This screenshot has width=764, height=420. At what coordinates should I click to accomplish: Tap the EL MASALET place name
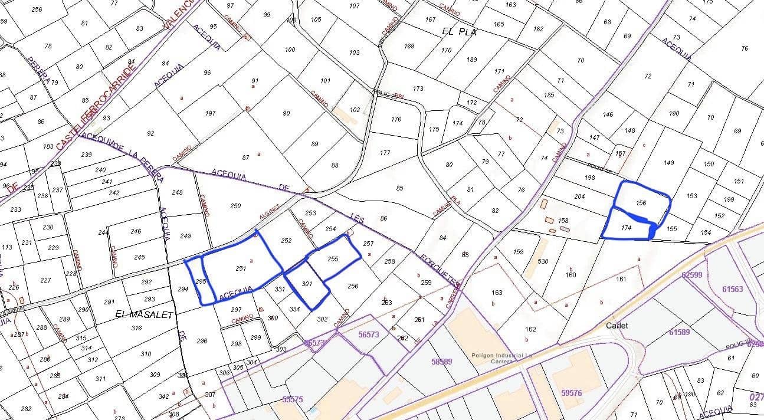(x=145, y=315)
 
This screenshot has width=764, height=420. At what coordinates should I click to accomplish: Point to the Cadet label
(x=617, y=326)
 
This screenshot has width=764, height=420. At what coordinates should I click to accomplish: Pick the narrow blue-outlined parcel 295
(x=200, y=281)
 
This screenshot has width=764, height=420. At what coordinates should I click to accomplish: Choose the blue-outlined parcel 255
(x=333, y=258)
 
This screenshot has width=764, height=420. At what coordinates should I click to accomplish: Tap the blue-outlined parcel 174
(x=627, y=228)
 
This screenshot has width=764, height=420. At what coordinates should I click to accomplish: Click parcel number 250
(x=235, y=206)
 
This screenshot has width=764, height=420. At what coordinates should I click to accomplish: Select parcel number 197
(x=211, y=113)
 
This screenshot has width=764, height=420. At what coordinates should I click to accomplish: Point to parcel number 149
(x=668, y=163)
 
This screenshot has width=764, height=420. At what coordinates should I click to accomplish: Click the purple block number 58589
(x=442, y=362)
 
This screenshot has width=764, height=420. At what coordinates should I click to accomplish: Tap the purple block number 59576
(x=571, y=393)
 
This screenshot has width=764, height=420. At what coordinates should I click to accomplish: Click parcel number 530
(x=543, y=261)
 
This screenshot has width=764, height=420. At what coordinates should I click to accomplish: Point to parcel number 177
(x=385, y=153)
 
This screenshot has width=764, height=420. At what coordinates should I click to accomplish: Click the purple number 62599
(x=691, y=274)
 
